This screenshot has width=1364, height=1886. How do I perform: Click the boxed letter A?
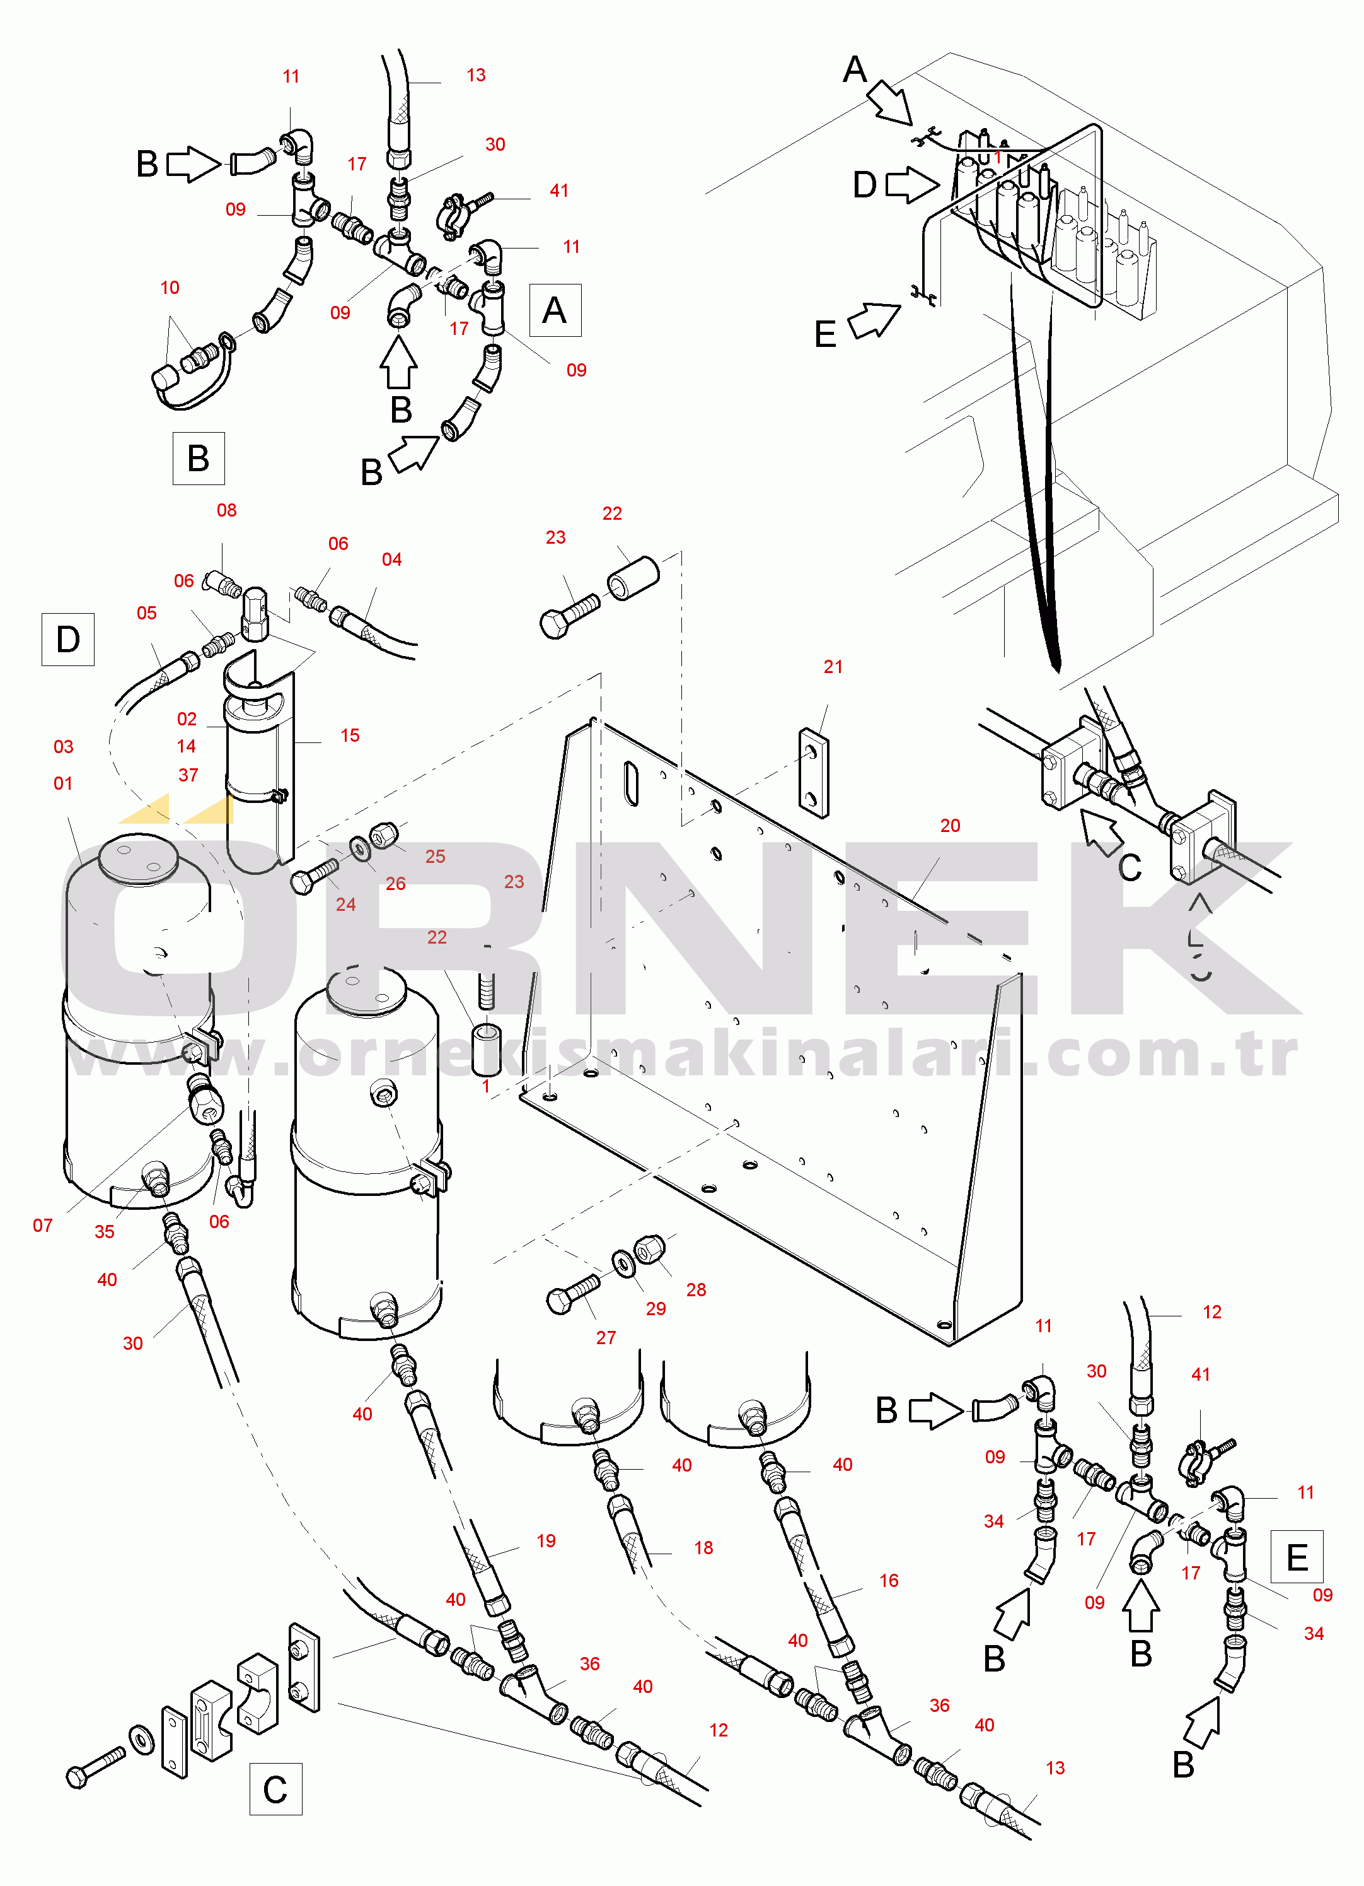coord(555,310)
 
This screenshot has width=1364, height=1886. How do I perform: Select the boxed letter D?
coord(68,640)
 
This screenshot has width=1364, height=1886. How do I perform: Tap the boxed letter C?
coord(275,1789)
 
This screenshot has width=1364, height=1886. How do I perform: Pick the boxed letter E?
coord(1297,1557)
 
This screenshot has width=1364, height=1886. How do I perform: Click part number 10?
coord(170,288)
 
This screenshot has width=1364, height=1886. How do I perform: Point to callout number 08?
coord(227,510)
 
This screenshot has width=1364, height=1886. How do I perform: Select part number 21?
coord(833,667)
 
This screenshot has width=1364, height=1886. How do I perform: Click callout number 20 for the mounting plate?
coord(950,826)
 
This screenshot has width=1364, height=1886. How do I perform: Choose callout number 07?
coord(42,1226)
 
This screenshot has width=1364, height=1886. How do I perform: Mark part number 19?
coord(546,1541)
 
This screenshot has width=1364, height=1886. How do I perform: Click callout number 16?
coord(889,1581)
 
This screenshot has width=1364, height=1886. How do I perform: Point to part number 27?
coord(606,1338)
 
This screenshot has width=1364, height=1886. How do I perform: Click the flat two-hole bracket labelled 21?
coord(814,773)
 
